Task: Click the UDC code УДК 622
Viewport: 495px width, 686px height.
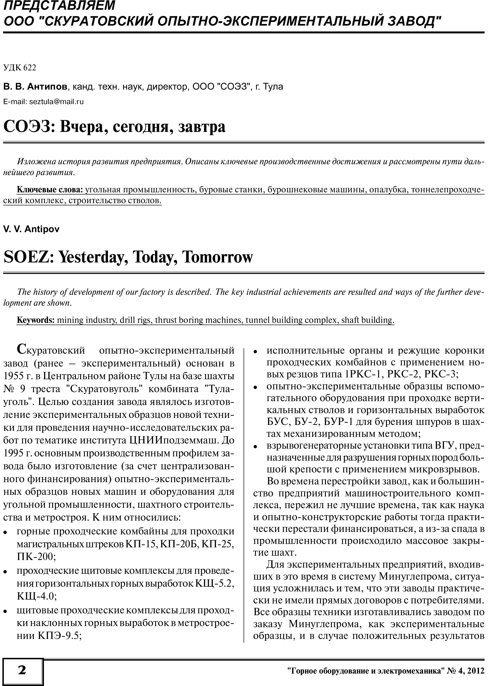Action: pyautogui.click(x=20, y=68)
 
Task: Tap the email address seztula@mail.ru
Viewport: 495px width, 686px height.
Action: pyautogui.click(x=56, y=102)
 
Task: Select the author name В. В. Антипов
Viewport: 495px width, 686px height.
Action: pyautogui.click(x=35, y=87)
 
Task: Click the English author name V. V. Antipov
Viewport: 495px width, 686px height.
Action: pyautogui.click(x=31, y=229)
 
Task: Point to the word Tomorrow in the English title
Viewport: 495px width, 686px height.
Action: pyautogui.click(x=217, y=257)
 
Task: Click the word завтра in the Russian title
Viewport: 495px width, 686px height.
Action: pyautogui.click(x=202, y=127)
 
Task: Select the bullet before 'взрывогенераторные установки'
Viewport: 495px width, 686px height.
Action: pyautogui.click(x=255, y=447)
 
